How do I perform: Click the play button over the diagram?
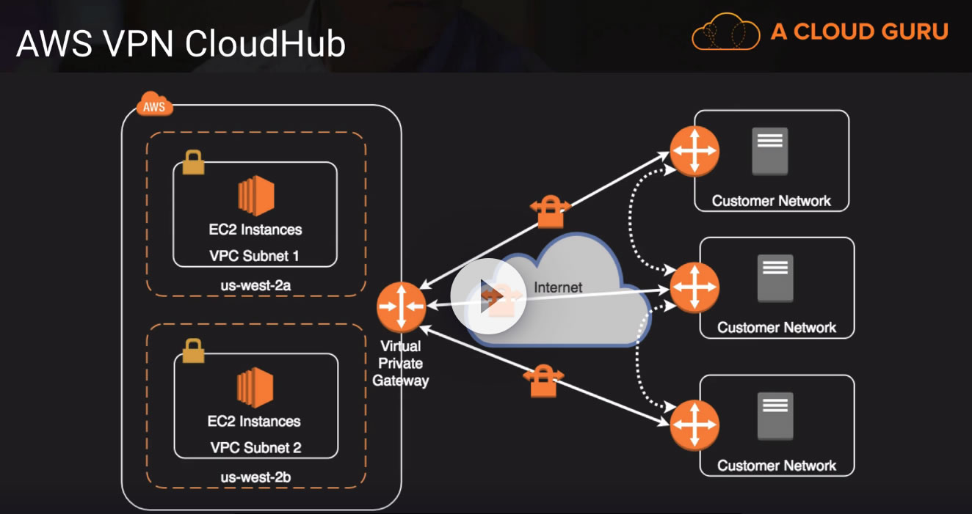pyautogui.click(x=487, y=295)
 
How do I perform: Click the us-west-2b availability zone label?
pyautogui.click(x=256, y=477)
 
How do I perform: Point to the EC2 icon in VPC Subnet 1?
pyautogui.click(x=255, y=196)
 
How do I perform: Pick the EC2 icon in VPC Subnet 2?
pyautogui.click(x=255, y=388)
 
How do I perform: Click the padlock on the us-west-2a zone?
pyautogui.click(x=193, y=162)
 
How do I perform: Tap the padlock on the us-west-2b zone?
pyautogui.click(x=193, y=350)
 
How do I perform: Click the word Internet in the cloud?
pyautogui.click(x=558, y=287)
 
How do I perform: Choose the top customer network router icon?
pyautogui.click(x=694, y=152)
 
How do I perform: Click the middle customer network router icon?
pyautogui.click(x=694, y=286)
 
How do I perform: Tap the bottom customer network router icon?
pyautogui.click(x=694, y=425)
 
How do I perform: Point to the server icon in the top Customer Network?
pyautogui.click(x=769, y=151)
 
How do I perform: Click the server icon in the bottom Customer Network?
pyautogui.click(x=775, y=416)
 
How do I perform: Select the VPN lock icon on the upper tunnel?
pyautogui.click(x=550, y=211)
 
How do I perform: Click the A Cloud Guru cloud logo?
pyautogui.click(x=725, y=32)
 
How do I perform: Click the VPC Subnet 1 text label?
pyautogui.click(x=255, y=257)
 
